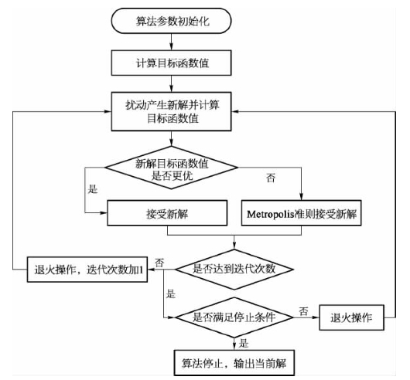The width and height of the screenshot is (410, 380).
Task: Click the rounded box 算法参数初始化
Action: pos(171,21)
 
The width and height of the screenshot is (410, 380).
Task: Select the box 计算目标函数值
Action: pos(171,63)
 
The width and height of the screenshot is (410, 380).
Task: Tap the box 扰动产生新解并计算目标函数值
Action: pos(171,111)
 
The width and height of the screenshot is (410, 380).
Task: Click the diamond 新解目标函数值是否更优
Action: pos(171,168)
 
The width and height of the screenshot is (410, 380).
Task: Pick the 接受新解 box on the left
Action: pos(167,213)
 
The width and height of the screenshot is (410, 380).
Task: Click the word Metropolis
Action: pos(271,215)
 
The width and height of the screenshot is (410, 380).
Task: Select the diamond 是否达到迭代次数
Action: pos(234,270)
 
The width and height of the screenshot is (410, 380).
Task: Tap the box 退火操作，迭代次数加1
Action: pos(87,270)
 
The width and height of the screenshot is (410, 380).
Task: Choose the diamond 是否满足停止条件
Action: pos(234,317)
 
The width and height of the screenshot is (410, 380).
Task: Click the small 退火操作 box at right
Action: pos(352,317)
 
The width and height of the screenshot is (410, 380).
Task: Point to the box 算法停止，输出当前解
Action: pos(234,363)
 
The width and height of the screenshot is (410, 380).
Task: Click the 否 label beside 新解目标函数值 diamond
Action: pos(271,178)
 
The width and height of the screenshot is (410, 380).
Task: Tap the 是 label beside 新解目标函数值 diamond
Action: pos(93,189)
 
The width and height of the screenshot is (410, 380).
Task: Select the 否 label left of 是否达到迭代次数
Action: pos(159,263)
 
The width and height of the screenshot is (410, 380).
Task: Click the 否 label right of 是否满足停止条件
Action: pos(303,311)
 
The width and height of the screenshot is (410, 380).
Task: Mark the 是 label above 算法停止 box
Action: pos(244,343)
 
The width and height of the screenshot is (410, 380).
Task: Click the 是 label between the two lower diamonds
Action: pos(170,294)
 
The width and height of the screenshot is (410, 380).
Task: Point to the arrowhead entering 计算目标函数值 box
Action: pos(171,47)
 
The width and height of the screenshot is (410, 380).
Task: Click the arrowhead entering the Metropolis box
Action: pos(301,197)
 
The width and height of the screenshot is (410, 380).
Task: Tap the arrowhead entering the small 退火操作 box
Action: pos(316,317)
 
